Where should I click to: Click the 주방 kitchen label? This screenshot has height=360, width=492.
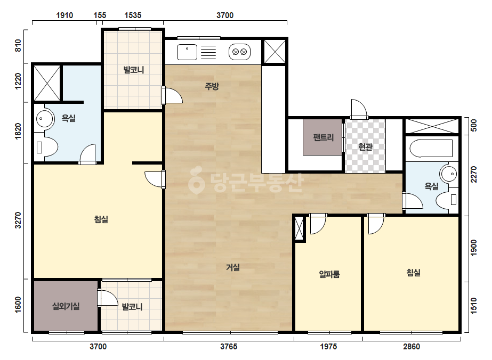(x=212, y=86)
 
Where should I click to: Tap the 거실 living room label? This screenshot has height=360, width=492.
(x=233, y=267)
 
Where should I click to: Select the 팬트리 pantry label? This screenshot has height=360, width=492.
(x=323, y=137)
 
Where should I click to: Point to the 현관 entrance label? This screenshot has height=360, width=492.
(x=365, y=146)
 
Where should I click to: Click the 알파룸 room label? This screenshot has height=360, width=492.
(x=329, y=274)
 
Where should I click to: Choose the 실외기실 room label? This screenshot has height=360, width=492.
(x=66, y=306)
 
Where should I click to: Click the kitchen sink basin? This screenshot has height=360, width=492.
(x=187, y=52)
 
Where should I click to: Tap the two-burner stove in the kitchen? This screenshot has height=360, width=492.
(x=240, y=52)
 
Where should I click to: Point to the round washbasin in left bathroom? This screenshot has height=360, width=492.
(x=44, y=119)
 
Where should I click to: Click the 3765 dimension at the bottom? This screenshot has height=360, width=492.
(x=229, y=347)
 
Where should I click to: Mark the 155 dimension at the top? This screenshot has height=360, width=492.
(x=100, y=15)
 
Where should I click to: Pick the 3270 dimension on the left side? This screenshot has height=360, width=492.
(x=18, y=220)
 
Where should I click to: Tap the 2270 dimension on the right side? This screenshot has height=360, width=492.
(x=474, y=175)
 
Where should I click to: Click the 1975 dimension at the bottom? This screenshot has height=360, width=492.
(x=328, y=347)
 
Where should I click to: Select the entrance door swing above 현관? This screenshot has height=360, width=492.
(x=359, y=109)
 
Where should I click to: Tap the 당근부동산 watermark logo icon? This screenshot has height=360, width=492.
(x=196, y=181)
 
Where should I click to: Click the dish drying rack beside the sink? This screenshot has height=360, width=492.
(x=208, y=52)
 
